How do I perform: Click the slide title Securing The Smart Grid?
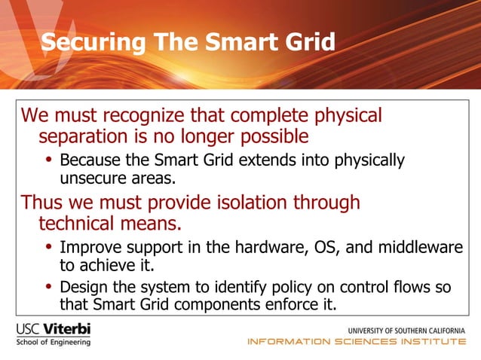coord(188,42)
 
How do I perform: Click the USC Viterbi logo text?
coord(53,330)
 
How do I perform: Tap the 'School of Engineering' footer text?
coord(53,343)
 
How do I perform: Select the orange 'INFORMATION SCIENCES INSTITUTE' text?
coord(357,343)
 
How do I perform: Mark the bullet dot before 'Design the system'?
coord(49,287)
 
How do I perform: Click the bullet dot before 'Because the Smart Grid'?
coord(49,160)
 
